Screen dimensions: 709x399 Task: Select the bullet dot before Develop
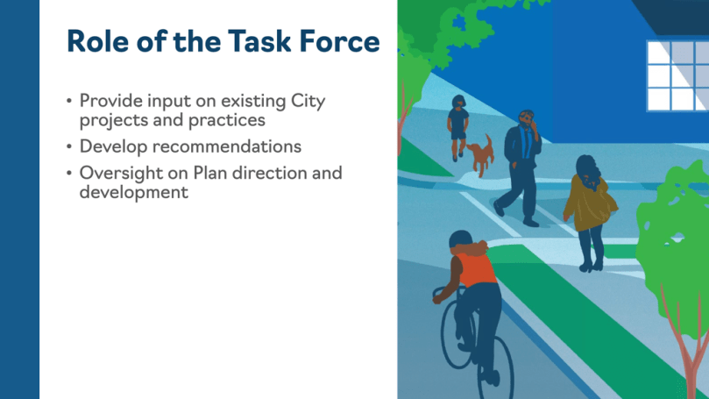coord(69,146)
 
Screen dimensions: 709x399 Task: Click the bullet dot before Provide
coord(69,101)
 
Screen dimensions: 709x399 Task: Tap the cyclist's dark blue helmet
coord(460,239)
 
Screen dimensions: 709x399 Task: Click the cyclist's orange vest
coord(477,270)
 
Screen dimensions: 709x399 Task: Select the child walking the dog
coord(458,127)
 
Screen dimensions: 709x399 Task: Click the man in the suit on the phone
coord(520,167)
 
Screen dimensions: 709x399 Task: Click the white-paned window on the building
coord(677,76)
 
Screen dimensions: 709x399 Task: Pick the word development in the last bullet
coord(134,193)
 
